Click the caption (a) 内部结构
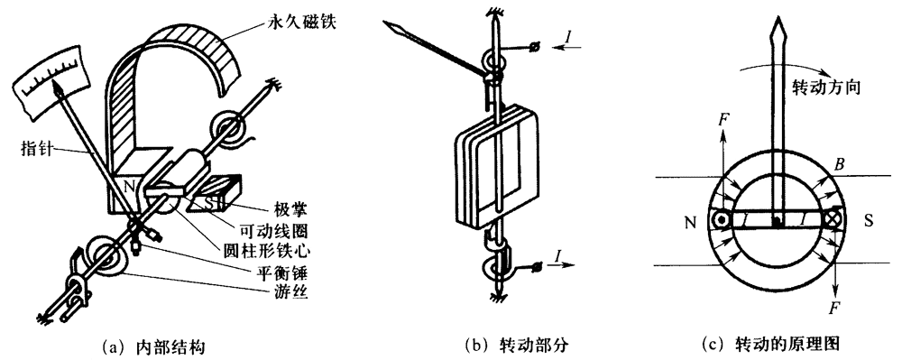[x=152, y=346]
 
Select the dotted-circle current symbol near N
[x=719, y=220]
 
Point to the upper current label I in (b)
[x=568, y=37]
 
